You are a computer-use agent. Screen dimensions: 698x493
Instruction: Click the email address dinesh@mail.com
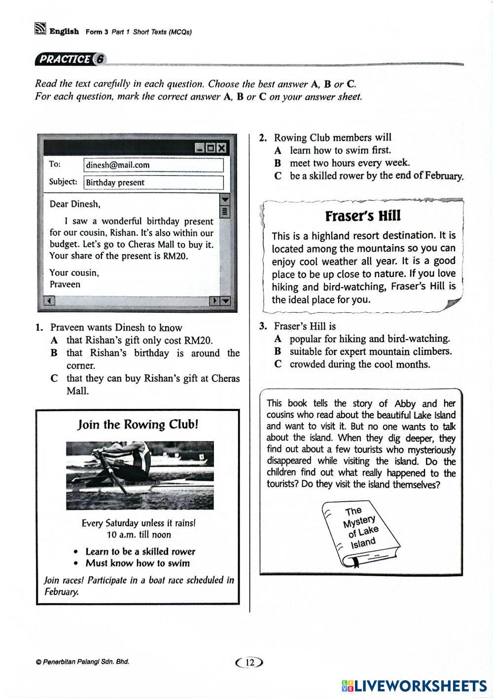tap(117, 165)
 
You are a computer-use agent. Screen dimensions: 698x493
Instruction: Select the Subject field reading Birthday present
tap(115, 183)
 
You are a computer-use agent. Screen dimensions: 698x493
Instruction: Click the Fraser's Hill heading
tap(363, 216)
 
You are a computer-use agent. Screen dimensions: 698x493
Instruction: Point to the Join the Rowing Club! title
tap(138, 425)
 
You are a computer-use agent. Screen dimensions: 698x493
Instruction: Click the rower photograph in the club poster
tap(140, 475)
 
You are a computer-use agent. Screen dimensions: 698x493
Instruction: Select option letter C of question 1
tap(54, 379)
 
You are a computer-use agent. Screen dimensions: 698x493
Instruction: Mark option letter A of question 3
tap(278, 339)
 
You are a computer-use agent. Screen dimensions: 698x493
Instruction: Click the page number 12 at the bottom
tap(250, 662)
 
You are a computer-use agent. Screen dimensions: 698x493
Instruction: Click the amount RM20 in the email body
tap(175, 256)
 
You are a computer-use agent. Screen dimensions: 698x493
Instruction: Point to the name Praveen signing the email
tap(65, 284)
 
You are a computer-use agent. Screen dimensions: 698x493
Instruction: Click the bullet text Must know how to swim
tap(138, 563)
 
